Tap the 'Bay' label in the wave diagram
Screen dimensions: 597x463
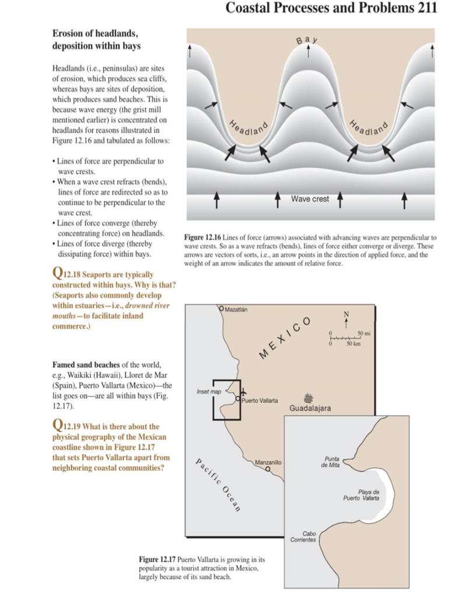308,40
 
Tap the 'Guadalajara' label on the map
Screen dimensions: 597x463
310,408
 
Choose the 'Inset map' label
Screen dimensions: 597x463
208,392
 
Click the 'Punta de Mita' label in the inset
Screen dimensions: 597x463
331,462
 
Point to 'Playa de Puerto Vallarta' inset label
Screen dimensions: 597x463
361,495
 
